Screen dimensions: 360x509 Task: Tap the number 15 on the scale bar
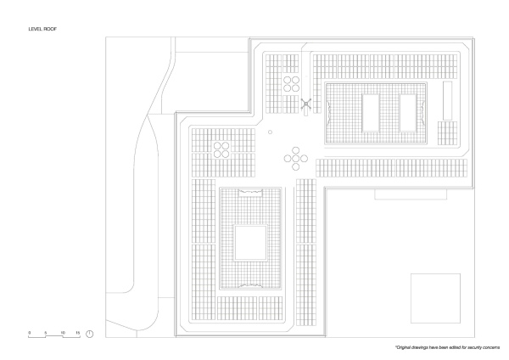78,331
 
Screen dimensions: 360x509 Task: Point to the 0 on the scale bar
30,331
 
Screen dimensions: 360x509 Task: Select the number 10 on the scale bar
62,331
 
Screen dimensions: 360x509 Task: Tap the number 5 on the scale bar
46,331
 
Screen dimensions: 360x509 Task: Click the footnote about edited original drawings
445,349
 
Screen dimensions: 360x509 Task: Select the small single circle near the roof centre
270,132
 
